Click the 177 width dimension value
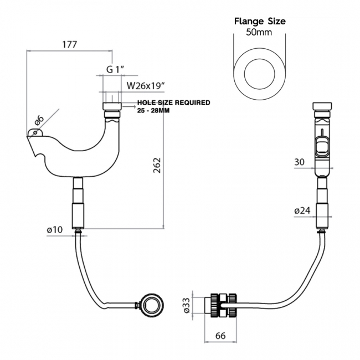tap(70, 44)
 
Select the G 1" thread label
tap(115, 69)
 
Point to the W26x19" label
tap(147, 86)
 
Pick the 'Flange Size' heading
tap(259, 22)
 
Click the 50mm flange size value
tap(259, 33)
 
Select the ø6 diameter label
tap(39, 119)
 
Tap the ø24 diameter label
tap(302, 210)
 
